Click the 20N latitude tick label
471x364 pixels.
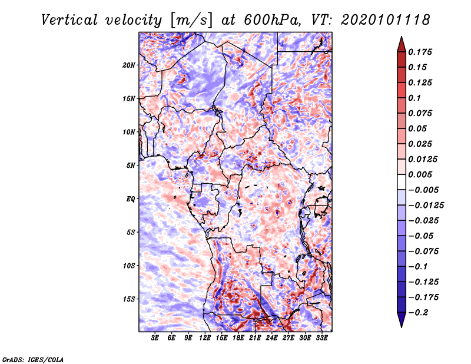(129, 65)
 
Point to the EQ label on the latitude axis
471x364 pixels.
(131, 198)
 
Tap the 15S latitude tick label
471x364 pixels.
(129, 299)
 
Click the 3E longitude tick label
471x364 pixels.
(155, 338)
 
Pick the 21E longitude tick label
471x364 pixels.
(255, 338)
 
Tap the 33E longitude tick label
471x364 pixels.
(321, 338)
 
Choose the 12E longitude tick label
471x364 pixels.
(205, 338)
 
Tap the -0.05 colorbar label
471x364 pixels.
(422, 236)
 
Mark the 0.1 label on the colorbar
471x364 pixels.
(416, 98)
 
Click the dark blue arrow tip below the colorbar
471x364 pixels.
(401, 323)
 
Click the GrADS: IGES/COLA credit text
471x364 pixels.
(33, 359)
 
